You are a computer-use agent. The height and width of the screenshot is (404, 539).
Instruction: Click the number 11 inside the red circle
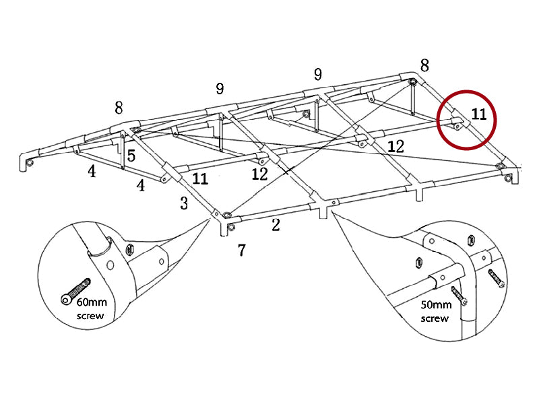tap(478, 114)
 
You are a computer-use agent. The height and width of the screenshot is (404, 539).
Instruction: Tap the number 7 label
tap(241, 250)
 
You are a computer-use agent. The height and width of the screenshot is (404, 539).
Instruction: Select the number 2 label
tap(276, 225)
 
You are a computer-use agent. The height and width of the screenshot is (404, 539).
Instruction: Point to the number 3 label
tap(184, 203)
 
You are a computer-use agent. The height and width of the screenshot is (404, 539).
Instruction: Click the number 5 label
tap(131, 156)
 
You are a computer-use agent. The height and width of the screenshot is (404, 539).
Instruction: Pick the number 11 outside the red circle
tap(200, 179)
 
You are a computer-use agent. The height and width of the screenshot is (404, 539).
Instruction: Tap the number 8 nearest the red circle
tap(424, 65)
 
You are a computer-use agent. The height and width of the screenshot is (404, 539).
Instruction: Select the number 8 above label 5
tap(119, 108)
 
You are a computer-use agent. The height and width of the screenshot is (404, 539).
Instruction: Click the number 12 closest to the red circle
tap(395, 145)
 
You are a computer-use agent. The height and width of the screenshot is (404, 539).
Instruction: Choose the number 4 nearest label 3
tap(141, 185)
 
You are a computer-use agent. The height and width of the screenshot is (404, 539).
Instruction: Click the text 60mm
tap(92, 304)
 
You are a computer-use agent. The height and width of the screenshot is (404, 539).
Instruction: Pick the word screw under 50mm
tap(435, 318)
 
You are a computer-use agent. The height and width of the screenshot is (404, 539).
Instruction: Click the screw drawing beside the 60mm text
tap(75, 289)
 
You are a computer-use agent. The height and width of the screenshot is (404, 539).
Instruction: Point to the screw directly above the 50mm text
tap(460, 294)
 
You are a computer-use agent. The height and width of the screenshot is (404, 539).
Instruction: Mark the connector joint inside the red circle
tap(455, 121)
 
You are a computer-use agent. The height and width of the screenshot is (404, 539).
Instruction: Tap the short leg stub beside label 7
tap(222, 229)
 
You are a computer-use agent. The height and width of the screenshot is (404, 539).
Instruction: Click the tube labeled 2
tap(276, 210)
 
